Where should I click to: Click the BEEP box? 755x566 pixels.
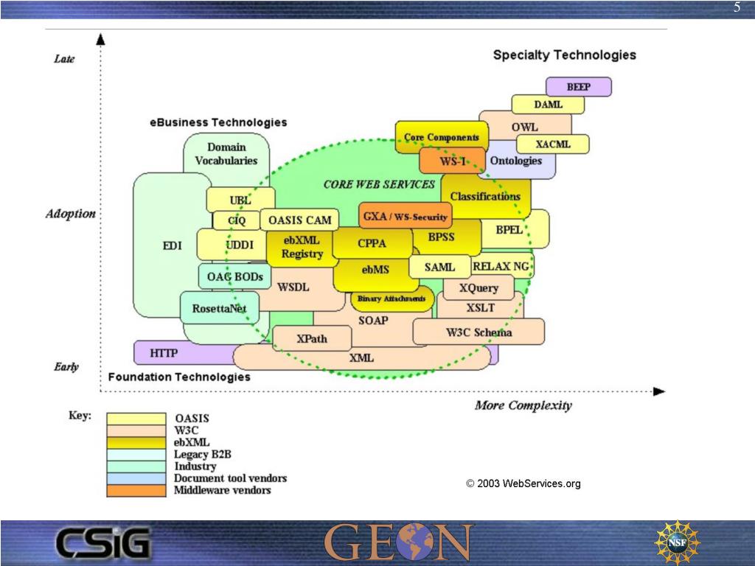click(579, 87)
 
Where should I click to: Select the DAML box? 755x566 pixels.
click(548, 105)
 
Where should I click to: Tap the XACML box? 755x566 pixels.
click(553, 144)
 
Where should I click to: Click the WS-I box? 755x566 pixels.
click(452, 161)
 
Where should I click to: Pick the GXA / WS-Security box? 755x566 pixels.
click(405, 217)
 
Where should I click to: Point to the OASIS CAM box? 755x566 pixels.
click(299, 220)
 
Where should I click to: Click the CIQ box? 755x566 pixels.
click(237, 220)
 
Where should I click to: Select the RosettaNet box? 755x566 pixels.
click(219, 308)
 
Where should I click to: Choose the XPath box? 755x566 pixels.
click(312, 339)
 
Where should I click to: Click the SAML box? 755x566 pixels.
click(439, 267)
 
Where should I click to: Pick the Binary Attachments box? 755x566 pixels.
click(392, 298)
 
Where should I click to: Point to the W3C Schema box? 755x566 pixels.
click(479, 332)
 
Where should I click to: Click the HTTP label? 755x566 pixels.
click(164, 353)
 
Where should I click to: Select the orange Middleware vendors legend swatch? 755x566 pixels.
click(136, 490)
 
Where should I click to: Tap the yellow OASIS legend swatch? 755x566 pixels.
click(136, 419)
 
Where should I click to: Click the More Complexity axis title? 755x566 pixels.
click(523, 405)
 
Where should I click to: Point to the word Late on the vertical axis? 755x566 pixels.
click(64, 59)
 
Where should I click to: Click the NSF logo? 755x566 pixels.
click(677, 542)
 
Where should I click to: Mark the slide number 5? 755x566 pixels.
click(737, 8)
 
